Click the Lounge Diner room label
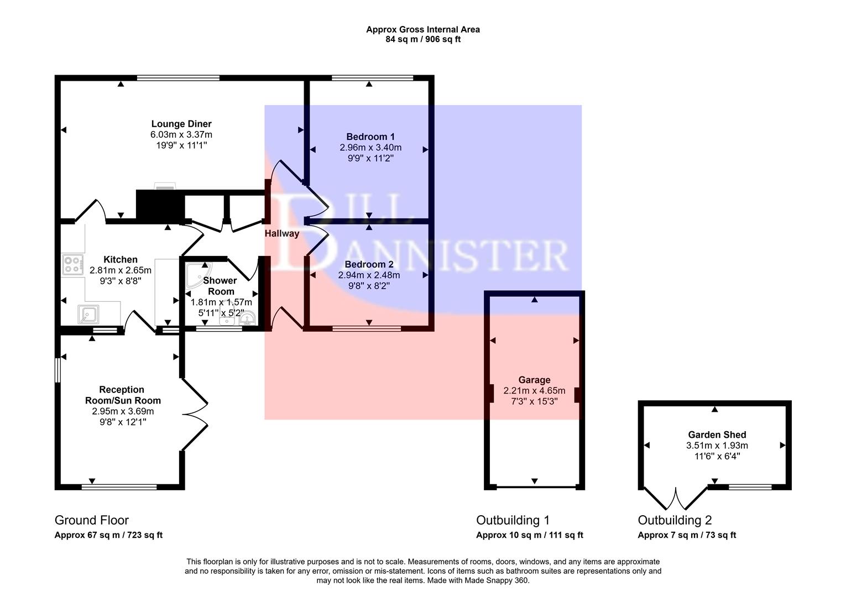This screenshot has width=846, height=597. (181, 124)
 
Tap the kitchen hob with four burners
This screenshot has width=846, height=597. (72, 265)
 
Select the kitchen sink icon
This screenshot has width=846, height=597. (88, 314)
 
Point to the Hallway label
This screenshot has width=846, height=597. (281, 233)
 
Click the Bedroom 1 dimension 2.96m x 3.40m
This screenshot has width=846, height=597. (370, 148)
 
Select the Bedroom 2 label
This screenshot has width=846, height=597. (369, 264)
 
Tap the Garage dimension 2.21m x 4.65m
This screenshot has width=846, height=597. (534, 390)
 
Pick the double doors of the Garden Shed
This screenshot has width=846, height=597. (675, 499)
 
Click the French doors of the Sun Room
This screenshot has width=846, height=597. (195, 413)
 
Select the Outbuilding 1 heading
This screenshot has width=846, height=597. (513, 520)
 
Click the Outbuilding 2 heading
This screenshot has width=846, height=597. (675, 520)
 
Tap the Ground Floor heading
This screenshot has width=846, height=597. (91, 520)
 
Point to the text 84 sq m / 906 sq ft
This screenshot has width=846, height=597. (423, 39)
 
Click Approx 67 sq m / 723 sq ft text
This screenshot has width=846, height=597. (108, 535)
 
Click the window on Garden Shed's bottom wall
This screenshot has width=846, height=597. (750, 487)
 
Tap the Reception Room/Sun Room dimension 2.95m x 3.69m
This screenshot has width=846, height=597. (123, 411)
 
